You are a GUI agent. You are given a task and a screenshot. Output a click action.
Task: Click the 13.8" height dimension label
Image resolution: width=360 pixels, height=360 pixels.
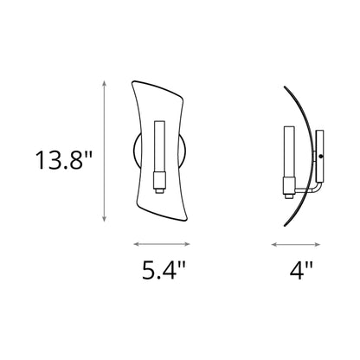(60, 161)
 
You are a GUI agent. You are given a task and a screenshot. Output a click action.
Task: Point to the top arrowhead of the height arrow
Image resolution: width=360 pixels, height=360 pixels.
(105, 82)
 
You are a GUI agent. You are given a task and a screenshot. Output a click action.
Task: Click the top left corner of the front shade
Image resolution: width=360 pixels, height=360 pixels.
(132, 81)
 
